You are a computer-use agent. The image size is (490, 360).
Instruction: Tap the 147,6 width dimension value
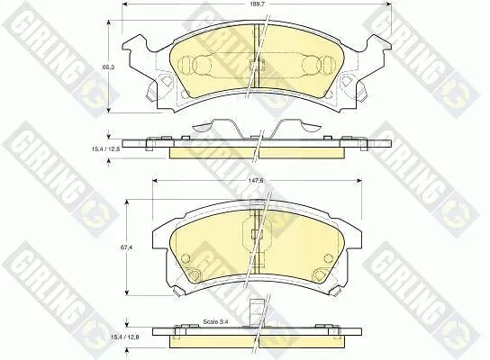[257, 181]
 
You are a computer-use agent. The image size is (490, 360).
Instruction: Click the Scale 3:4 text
[216, 321]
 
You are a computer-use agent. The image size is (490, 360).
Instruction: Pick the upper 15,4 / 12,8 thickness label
[106, 149]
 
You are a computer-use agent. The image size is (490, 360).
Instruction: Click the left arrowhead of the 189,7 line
[124, 4]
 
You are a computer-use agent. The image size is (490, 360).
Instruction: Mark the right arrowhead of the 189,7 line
[388, 4]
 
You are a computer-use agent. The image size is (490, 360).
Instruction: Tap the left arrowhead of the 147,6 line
[155, 181]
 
